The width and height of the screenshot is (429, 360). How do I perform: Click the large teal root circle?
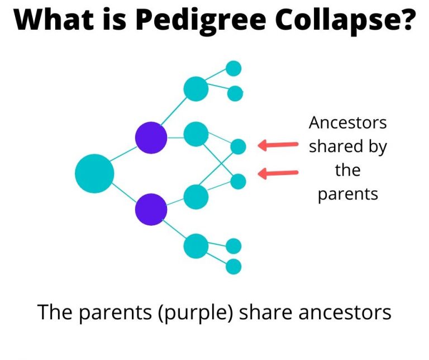pos(94,173)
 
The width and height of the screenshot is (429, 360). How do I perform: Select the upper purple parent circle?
pos(151,138)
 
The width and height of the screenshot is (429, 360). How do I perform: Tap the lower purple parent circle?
pos(151,210)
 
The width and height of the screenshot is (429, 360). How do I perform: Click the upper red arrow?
pos(278,145)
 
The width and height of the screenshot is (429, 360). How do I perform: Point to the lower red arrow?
pos(278,174)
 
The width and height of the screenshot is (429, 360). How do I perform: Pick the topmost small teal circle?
pos(233,69)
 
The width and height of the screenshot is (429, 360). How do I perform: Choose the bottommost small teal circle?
pos(233,267)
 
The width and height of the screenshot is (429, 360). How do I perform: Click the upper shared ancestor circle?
pos(239,146)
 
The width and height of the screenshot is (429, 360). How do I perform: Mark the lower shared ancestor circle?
pos(239,181)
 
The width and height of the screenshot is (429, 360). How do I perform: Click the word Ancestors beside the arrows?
pos(347,122)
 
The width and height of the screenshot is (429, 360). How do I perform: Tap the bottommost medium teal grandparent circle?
pos(196,245)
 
